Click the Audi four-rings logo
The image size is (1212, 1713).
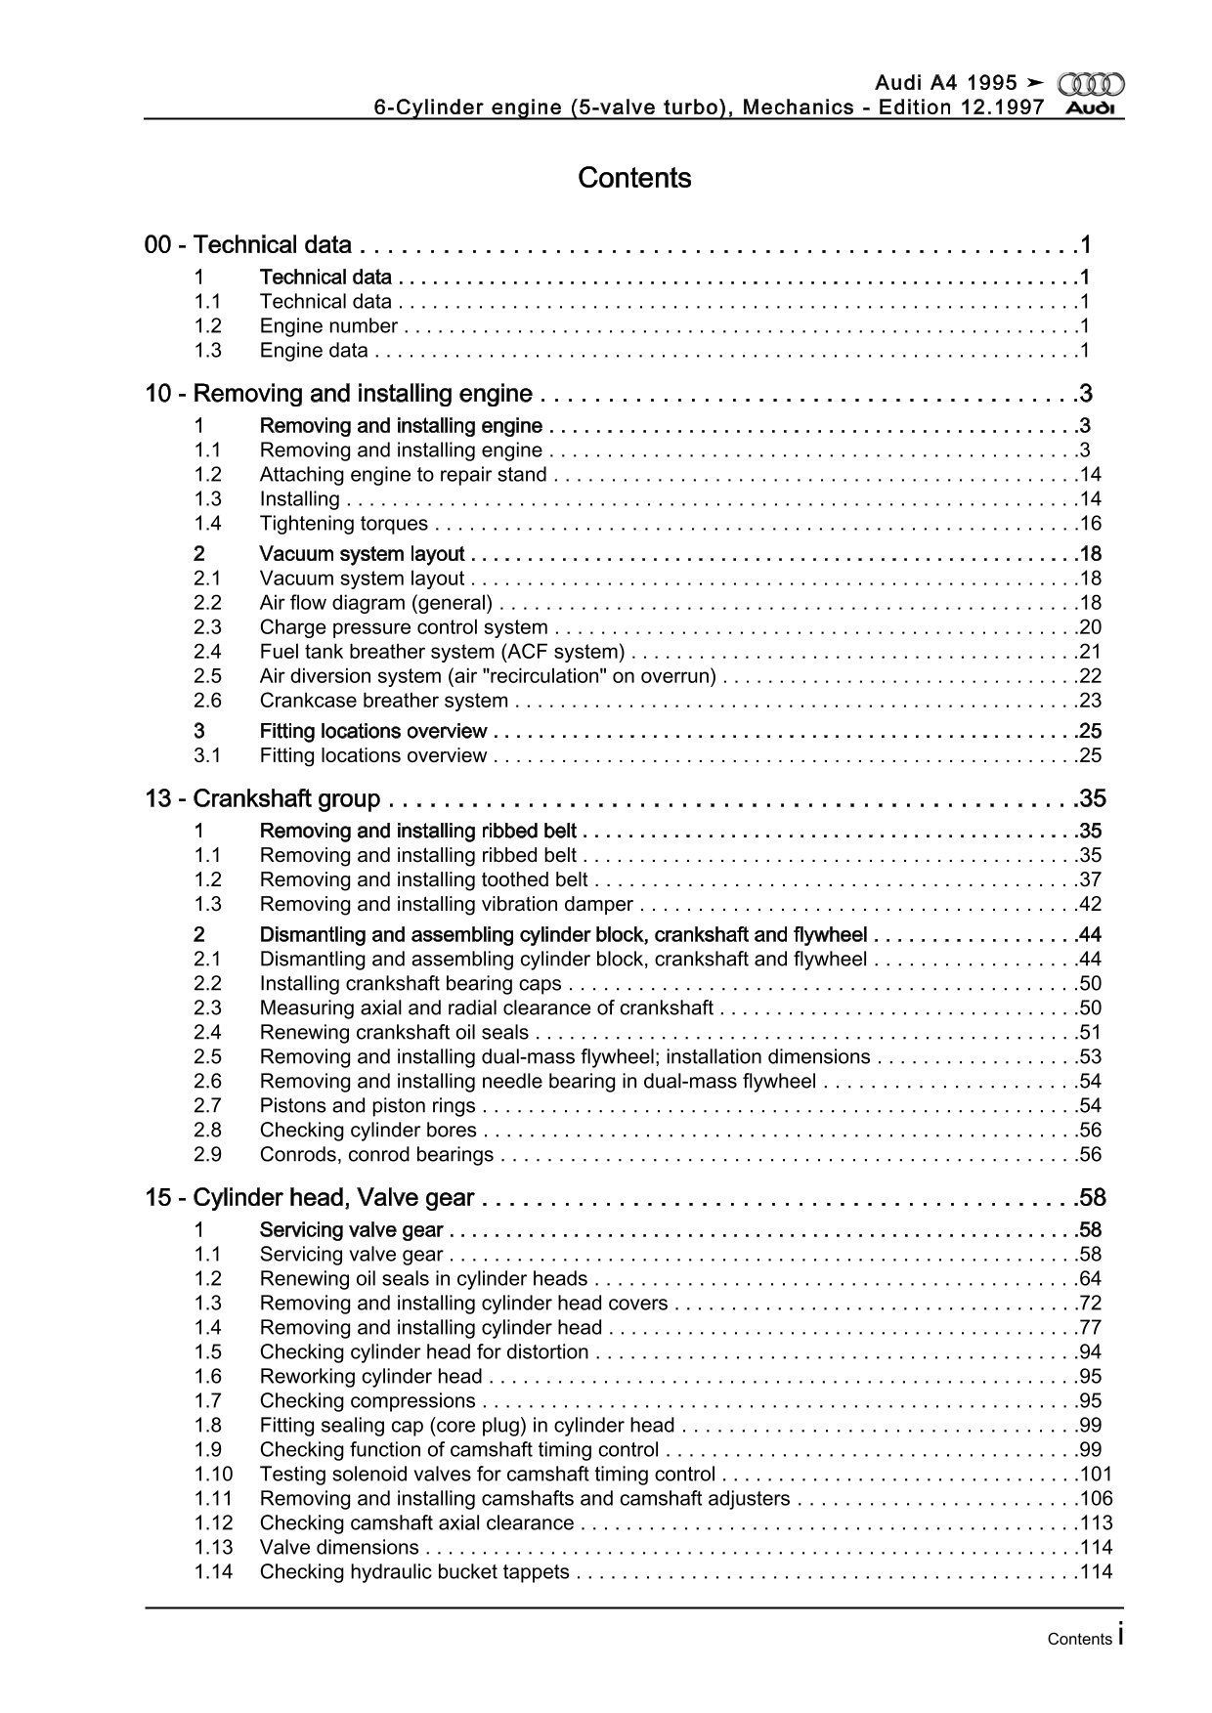1091,84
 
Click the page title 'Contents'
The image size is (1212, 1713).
634,178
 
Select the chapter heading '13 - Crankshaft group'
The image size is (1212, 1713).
263,798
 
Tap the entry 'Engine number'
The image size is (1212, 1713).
328,326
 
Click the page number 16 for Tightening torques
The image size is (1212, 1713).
1090,524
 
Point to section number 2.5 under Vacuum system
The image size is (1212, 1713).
207,676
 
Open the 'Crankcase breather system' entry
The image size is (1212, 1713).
383,701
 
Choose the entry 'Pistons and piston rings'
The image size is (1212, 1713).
368,1106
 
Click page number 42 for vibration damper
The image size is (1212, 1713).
1090,905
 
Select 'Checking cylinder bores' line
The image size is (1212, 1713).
368,1131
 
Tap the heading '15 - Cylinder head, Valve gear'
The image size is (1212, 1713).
310,1197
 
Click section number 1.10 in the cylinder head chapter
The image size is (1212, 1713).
213,1475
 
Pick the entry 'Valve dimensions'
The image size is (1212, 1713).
339,1548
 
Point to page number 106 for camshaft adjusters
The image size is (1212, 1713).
1095,1499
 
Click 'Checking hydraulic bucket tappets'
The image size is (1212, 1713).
414,1572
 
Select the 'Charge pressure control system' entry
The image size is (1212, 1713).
404,627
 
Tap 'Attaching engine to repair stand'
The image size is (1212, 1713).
403,475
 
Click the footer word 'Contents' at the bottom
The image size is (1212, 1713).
1079,1639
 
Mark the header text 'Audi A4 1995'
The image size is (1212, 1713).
944,84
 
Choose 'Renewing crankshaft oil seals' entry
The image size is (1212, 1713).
394,1033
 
